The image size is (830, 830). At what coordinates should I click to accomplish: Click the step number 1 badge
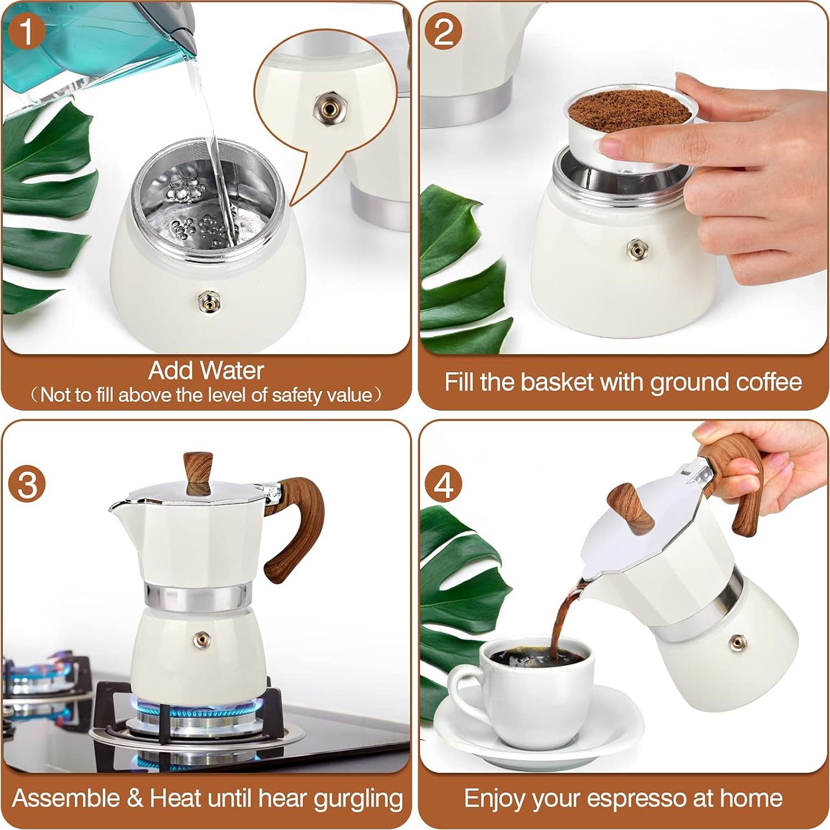click(26, 31)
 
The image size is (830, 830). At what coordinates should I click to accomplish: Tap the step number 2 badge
click(443, 31)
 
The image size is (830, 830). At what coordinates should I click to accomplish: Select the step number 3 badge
click(27, 484)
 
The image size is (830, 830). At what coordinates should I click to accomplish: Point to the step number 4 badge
click(443, 484)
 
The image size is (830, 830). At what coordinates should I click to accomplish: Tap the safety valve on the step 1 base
click(207, 301)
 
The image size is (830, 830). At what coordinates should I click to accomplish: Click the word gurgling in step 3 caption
click(357, 798)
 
